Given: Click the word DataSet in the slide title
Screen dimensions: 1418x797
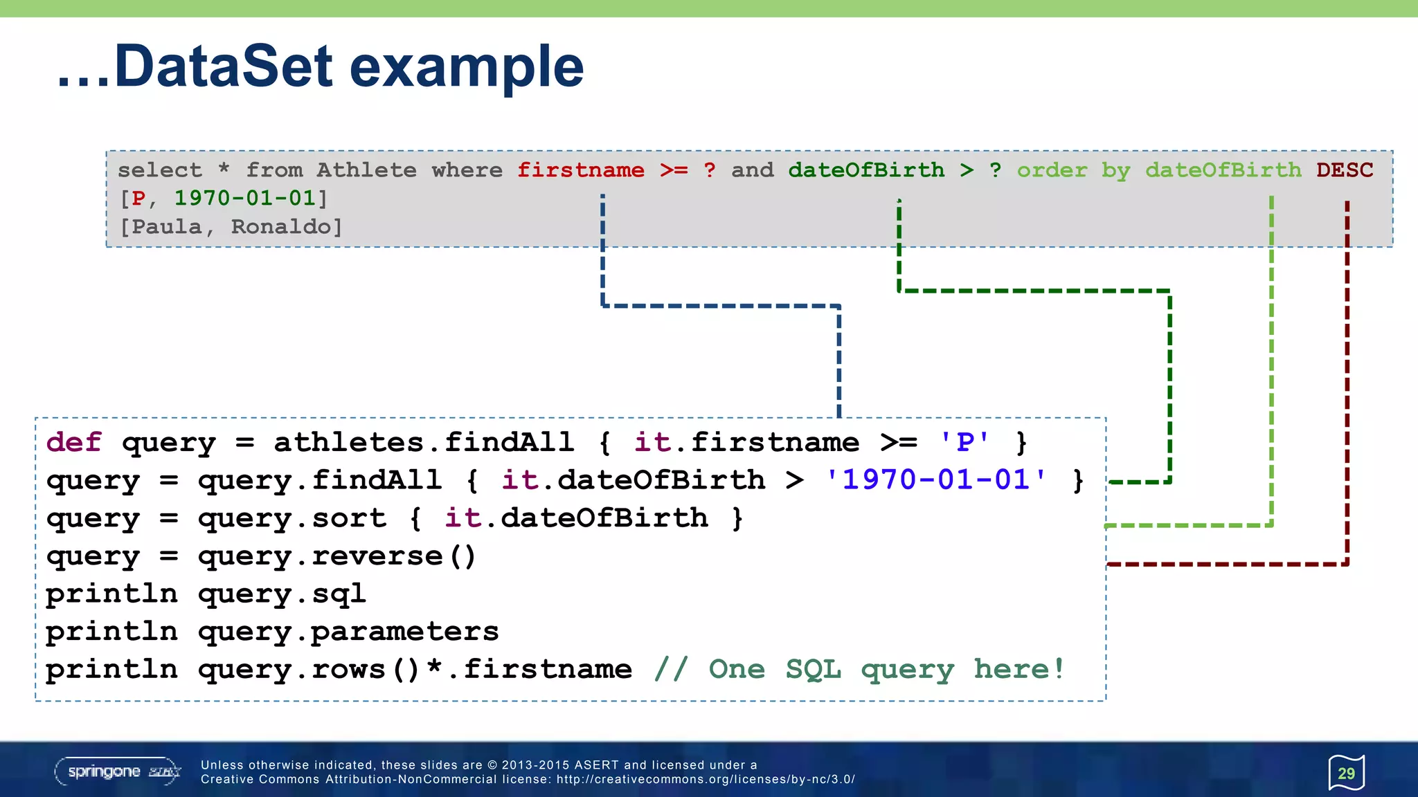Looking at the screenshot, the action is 223,66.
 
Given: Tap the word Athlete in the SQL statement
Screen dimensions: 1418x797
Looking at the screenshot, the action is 366,170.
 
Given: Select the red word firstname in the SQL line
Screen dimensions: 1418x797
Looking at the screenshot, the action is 580,170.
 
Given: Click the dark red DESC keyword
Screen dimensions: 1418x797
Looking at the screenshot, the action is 1344,170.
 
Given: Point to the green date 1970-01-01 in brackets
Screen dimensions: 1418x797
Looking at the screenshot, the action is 245,199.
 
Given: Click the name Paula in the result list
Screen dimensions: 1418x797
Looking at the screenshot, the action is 166,227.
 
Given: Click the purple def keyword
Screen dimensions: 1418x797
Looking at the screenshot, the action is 73,443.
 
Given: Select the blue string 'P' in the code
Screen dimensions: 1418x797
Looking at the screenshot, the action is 964,443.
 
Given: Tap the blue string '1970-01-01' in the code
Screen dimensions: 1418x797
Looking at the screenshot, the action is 936,480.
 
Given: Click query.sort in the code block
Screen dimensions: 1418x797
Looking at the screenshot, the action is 291,518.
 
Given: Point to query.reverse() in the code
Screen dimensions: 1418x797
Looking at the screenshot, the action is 336,556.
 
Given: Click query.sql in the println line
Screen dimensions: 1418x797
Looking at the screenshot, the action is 281,594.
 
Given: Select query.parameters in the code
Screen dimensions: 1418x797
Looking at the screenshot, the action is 348,632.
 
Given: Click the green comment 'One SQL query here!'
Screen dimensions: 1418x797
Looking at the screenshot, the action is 859,670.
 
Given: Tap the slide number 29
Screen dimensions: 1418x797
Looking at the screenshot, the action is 1346,773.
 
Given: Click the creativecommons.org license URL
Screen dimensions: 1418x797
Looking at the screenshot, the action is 706,780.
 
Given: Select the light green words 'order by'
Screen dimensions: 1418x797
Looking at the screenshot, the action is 1073,170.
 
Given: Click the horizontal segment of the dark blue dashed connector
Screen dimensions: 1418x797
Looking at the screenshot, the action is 721,305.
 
